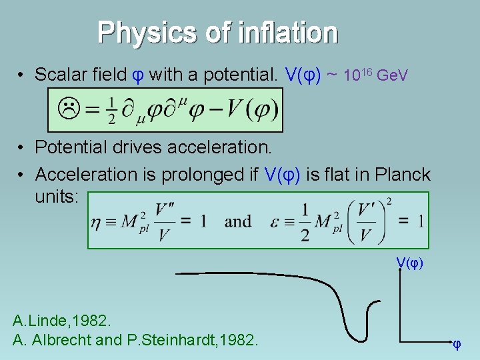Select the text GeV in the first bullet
393,76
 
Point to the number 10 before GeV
351,76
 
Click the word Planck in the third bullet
403,175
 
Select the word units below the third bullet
56,197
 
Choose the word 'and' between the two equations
238,221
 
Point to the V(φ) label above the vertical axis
409,263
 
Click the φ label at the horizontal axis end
457,345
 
